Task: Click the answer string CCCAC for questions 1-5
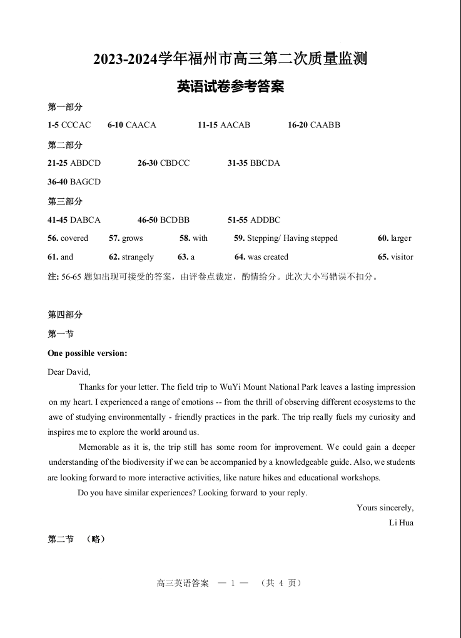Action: [x=76, y=125]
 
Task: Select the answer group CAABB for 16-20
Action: [x=325, y=125]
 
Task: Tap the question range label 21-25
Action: [x=58, y=163]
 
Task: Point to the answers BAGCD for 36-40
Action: [x=85, y=182]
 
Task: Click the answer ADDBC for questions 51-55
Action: [x=265, y=220]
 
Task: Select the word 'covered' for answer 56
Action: [x=74, y=238]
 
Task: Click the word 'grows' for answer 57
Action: [x=133, y=238]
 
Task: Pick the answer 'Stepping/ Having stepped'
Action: [x=292, y=238]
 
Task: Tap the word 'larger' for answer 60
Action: [x=401, y=238]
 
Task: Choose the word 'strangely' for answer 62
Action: [x=138, y=257]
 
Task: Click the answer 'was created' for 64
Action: [x=268, y=257]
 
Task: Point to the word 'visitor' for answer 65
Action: [x=402, y=257]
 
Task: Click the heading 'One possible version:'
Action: [x=88, y=353]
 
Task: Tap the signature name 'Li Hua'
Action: [x=401, y=523]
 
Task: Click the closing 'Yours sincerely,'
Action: [x=385, y=508]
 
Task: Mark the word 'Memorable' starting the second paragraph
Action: [x=98, y=447]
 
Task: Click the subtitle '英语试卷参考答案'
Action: [x=230, y=87]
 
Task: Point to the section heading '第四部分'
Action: [x=65, y=315]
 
